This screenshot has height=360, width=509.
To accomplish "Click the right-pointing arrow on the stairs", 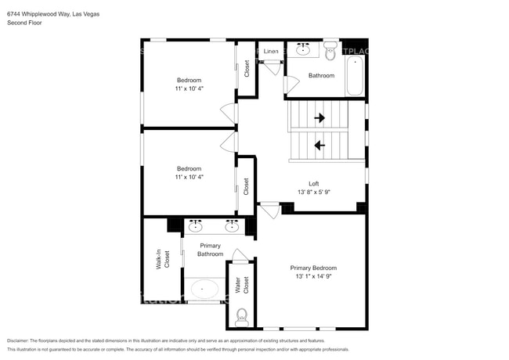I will point(319,118).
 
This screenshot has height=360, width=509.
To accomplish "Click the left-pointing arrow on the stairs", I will point(319,145).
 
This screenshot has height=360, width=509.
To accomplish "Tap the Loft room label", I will point(313,184).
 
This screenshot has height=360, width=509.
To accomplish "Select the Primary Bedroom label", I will point(313,268).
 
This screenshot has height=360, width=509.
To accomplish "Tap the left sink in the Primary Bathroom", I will point(195,227).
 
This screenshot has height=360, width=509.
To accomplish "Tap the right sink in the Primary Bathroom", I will point(232,227).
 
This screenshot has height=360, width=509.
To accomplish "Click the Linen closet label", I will point(270,51).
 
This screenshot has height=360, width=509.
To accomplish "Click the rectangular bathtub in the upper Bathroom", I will point(355,76).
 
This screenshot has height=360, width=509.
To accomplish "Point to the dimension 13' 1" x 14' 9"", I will point(313,277).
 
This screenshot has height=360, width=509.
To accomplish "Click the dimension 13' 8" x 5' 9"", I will point(313,193).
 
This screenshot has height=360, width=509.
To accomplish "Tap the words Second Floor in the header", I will point(25,23).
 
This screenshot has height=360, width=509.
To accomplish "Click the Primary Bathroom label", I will point(211,250).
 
